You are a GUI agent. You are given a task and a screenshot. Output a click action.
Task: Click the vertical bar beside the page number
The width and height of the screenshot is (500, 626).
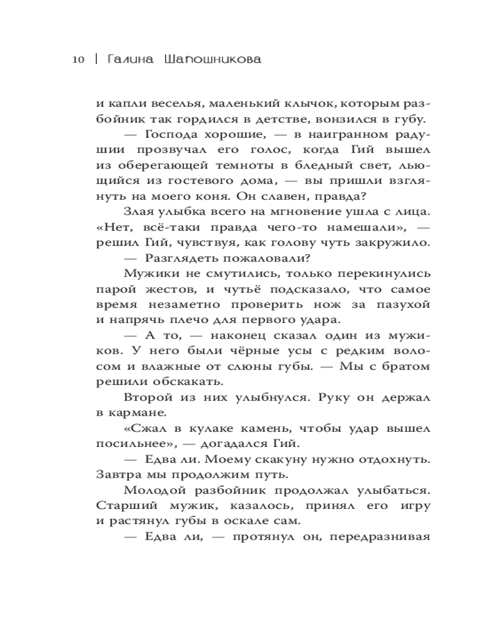95,60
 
